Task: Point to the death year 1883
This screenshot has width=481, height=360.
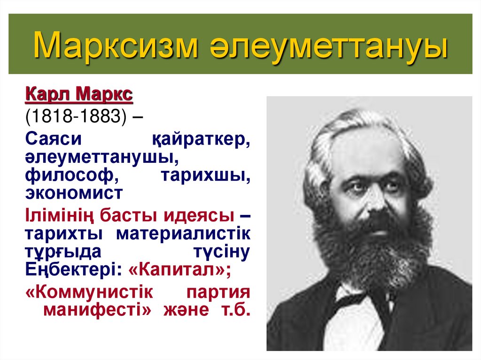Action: [103, 117]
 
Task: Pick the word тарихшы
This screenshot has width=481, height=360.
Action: [205, 175]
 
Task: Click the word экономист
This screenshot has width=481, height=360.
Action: [74, 192]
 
